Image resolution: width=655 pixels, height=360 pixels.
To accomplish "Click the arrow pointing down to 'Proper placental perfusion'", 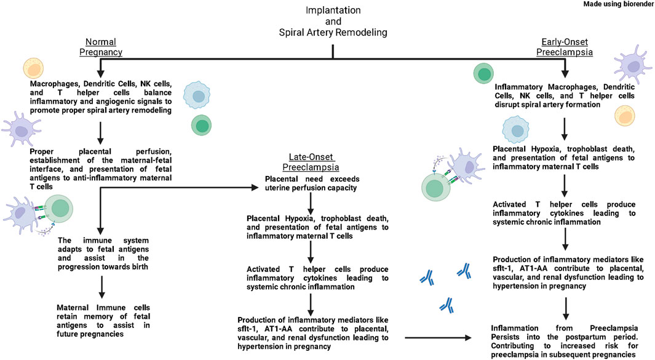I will pos(100,132).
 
